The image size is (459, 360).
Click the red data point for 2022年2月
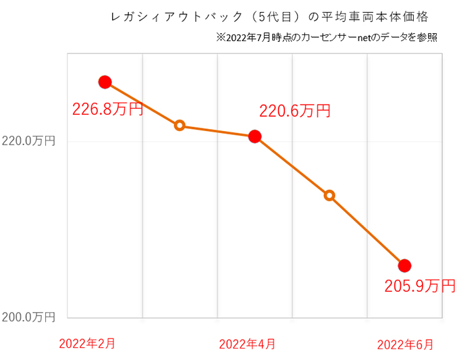coord(105,82)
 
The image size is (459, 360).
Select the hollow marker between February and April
coord(180,125)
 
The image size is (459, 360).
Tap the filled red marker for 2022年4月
coord(254,136)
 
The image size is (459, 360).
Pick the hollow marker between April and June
coord(329,195)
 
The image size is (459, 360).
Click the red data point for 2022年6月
coord(404,265)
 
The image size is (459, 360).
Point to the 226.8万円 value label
coord(108,109)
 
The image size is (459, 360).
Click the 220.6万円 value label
coord(295,111)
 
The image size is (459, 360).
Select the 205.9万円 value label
coord(420,286)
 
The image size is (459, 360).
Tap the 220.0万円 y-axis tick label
coord(28,141)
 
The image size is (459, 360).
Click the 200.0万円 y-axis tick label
coord(28,317)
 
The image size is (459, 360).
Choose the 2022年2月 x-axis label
coord(86,343)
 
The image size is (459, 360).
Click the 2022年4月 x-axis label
coord(247,344)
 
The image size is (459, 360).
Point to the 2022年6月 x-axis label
coord(405,344)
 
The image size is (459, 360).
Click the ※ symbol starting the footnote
coord(221,37)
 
